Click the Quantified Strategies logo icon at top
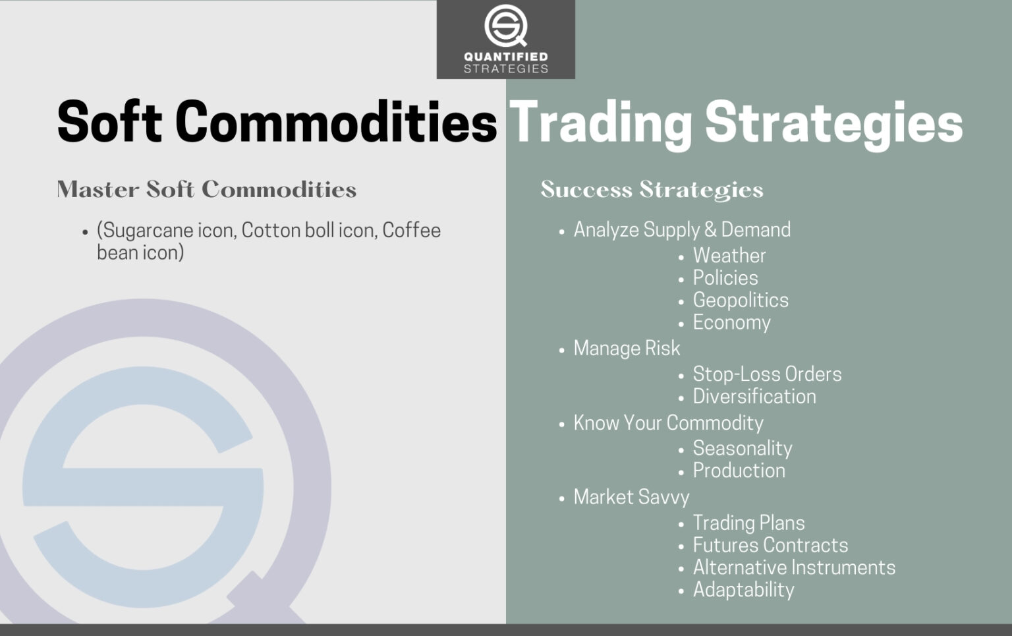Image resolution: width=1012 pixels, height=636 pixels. click(x=505, y=26)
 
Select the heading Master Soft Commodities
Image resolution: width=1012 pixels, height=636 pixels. click(x=206, y=190)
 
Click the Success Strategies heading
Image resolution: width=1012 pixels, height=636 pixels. click(x=652, y=190)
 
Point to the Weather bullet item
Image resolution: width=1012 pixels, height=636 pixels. click(x=729, y=256)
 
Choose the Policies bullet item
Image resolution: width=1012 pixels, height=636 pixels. click(x=725, y=278)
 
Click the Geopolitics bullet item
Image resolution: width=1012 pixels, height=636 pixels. click(x=740, y=301)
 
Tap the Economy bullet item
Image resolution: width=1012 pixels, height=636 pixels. click(x=731, y=323)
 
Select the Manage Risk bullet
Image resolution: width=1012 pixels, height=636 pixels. click(x=626, y=349)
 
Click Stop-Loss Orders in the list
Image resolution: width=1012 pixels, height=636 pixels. click(x=767, y=374)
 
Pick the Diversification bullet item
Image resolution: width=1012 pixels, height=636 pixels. click(x=754, y=397)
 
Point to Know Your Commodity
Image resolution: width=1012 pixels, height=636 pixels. click(x=668, y=423)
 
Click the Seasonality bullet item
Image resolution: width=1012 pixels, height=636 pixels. click(x=742, y=449)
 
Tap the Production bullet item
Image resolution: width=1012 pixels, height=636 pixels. click(x=739, y=471)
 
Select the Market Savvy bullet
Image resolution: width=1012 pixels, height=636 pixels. click(x=631, y=497)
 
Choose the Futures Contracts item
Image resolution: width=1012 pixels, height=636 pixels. click(x=770, y=546)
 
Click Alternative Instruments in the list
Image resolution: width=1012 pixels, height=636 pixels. click(x=793, y=568)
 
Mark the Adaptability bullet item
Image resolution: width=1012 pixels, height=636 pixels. click(x=743, y=590)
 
